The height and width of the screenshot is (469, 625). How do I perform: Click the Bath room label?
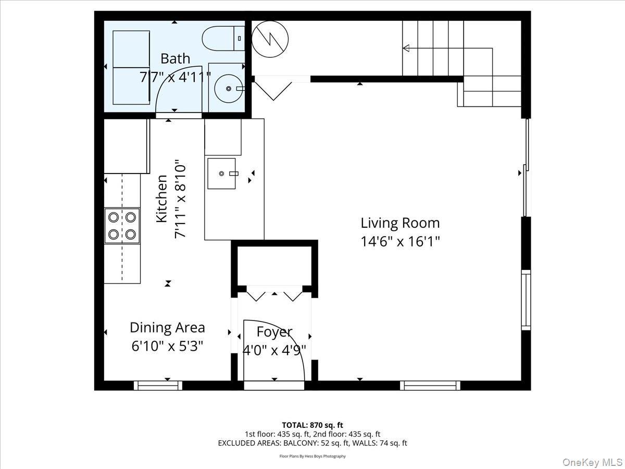pos(175,58)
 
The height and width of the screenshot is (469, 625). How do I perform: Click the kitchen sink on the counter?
pos(222,174)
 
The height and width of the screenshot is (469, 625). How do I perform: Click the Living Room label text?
pos(400,223)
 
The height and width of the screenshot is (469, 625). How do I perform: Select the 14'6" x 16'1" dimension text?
pos(400,242)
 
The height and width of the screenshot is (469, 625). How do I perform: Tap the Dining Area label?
pos(167,328)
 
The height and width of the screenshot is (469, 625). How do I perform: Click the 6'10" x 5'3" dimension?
pos(167,345)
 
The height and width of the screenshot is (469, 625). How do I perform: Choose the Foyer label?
pos(274,332)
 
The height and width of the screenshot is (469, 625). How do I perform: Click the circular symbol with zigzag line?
pos(270,38)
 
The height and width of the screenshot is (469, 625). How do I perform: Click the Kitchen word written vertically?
pos(162,199)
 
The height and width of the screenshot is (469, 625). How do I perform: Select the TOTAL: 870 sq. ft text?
pos(312,425)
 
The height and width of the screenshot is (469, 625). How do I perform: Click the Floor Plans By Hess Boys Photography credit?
pos(312,456)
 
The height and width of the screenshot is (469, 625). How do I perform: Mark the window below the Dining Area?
pos(158,386)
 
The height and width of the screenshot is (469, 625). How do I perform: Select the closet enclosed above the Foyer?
pos(274,264)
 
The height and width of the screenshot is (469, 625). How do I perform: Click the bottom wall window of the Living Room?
pos(430,386)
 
